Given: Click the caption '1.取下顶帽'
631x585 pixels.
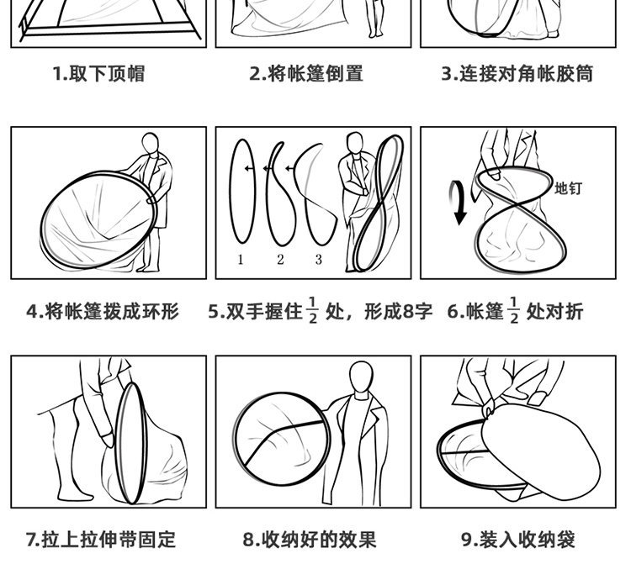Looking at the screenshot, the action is point(98,74).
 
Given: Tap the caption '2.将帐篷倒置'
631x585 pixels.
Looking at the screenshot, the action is point(306,74).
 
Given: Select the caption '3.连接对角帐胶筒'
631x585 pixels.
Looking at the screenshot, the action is point(517,74).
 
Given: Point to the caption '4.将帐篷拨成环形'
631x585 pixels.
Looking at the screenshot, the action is point(103,312).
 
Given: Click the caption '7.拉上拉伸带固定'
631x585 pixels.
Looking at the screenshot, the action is point(101,540).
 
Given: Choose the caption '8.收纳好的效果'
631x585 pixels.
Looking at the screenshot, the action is point(310,540).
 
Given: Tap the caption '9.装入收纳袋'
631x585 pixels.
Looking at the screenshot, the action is point(518,540).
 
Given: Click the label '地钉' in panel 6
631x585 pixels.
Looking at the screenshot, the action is point(568,188).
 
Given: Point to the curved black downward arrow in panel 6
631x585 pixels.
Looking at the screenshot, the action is point(458,203).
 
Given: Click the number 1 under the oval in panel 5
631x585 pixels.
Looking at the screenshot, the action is point(241,260).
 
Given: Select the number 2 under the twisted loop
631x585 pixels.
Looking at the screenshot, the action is point(280,260).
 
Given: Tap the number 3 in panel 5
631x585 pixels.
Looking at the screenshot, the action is point(318,260).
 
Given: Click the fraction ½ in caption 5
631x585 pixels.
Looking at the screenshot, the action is point(313,310).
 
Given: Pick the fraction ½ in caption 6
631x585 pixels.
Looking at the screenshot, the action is point(514,310).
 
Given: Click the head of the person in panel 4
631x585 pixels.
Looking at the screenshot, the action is point(150,144).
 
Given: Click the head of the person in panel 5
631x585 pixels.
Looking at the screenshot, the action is point(354,143).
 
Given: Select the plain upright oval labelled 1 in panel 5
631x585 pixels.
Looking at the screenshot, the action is point(230,192).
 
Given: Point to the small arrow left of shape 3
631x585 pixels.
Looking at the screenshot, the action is point(289,168).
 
